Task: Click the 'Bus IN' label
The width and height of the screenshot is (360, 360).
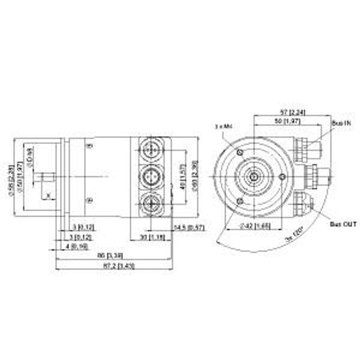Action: coord(340,122)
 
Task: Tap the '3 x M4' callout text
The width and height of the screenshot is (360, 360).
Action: coord(223,127)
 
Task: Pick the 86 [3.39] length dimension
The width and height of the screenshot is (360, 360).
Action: coord(111,255)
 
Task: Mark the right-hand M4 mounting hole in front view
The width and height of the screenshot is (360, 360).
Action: coord(283,176)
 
